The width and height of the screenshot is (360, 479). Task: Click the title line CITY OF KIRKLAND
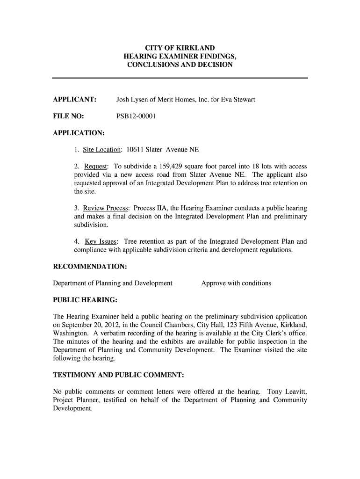pyautogui.click(x=180, y=48)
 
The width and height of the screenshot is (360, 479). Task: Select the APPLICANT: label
pyautogui.click(x=75, y=100)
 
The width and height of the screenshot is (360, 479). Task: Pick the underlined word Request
pyautogui.click(x=96, y=167)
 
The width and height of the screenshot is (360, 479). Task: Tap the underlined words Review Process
pyautogui.click(x=106, y=208)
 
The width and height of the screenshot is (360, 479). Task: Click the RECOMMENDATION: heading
pyautogui.click(x=90, y=266)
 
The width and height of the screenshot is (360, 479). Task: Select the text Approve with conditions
pyautogui.click(x=236, y=283)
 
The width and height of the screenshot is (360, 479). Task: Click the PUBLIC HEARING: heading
pyautogui.click(x=85, y=299)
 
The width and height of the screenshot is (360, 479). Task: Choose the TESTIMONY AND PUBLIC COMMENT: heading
pyautogui.click(x=118, y=375)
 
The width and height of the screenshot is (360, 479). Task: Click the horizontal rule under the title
pyautogui.click(x=180, y=77)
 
